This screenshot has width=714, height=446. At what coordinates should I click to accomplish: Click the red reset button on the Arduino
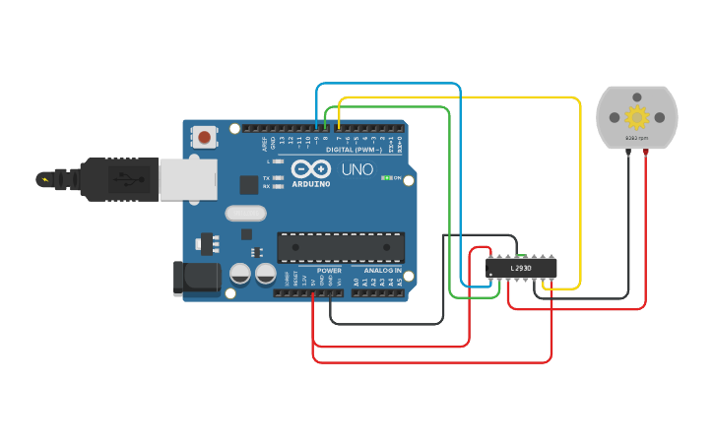[x=204, y=137]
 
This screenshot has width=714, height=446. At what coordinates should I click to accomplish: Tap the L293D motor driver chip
[x=521, y=267]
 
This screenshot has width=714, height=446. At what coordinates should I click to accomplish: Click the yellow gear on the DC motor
[x=637, y=117]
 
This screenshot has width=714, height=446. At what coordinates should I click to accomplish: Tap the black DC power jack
[x=197, y=278]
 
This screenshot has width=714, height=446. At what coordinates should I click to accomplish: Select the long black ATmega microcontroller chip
[x=341, y=247]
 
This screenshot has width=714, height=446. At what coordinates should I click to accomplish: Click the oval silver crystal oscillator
[x=245, y=213]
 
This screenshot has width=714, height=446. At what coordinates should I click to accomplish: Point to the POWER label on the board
[x=329, y=271]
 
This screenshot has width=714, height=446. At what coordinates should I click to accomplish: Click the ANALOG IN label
[x=382, y=271]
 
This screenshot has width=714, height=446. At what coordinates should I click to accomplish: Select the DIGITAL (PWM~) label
[x=354, y=149]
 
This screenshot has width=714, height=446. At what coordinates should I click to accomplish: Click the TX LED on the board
[x=278, y=178]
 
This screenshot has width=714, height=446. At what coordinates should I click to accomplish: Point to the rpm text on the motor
[x=637, y=138]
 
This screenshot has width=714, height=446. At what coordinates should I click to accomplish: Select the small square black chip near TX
[x=249, y=184]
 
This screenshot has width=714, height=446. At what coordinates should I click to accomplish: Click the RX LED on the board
[x=278, y=186]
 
